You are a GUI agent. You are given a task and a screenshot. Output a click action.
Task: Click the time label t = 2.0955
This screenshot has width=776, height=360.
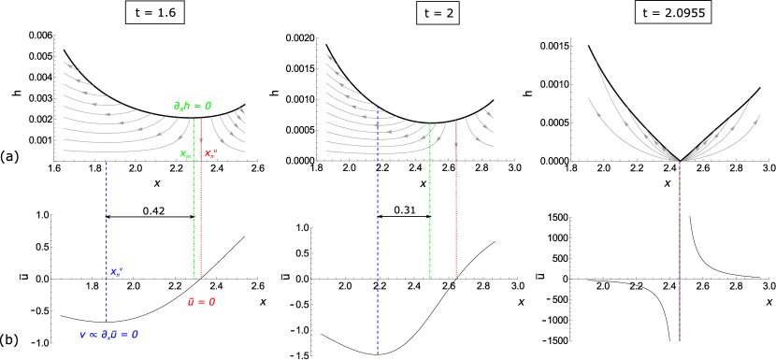tap(672, 12)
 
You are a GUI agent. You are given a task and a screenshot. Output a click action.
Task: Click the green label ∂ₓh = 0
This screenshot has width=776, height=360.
tap(192, 106)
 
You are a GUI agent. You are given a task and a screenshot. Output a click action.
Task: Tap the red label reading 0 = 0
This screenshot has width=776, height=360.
tap(201, 302)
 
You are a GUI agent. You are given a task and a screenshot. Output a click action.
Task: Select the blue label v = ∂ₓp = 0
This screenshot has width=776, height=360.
tap(108, 335)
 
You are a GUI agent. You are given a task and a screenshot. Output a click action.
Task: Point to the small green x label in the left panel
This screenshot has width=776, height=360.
tap(185, 154)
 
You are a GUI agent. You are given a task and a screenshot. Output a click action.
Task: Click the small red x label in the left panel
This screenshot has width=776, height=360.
tap(209, 153)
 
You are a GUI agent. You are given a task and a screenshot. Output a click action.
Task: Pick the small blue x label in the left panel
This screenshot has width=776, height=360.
tap(116, 272)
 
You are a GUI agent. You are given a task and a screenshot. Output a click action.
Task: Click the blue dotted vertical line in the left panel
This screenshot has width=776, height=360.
tap(107, 224)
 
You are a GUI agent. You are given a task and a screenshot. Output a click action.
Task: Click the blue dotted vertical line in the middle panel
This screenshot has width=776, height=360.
tap(378, 243)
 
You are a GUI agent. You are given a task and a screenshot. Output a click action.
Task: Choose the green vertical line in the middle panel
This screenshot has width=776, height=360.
tap(430, 206)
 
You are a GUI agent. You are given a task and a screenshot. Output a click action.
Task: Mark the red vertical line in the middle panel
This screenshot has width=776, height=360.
tap(456, 206)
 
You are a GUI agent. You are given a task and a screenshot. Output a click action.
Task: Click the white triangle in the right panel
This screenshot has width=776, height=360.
tap(680, 156)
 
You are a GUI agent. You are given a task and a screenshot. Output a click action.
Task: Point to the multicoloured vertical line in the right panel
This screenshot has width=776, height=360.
tap(680, 252)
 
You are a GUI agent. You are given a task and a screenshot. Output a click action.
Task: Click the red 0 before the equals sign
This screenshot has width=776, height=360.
tap(191, 302)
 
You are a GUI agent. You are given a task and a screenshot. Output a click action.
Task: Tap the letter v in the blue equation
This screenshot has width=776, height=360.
tap(82, 335)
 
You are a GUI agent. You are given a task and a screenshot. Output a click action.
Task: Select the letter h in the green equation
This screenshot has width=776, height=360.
tap(187, 106)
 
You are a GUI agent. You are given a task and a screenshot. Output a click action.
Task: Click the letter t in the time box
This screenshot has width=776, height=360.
tap(645, 12)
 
